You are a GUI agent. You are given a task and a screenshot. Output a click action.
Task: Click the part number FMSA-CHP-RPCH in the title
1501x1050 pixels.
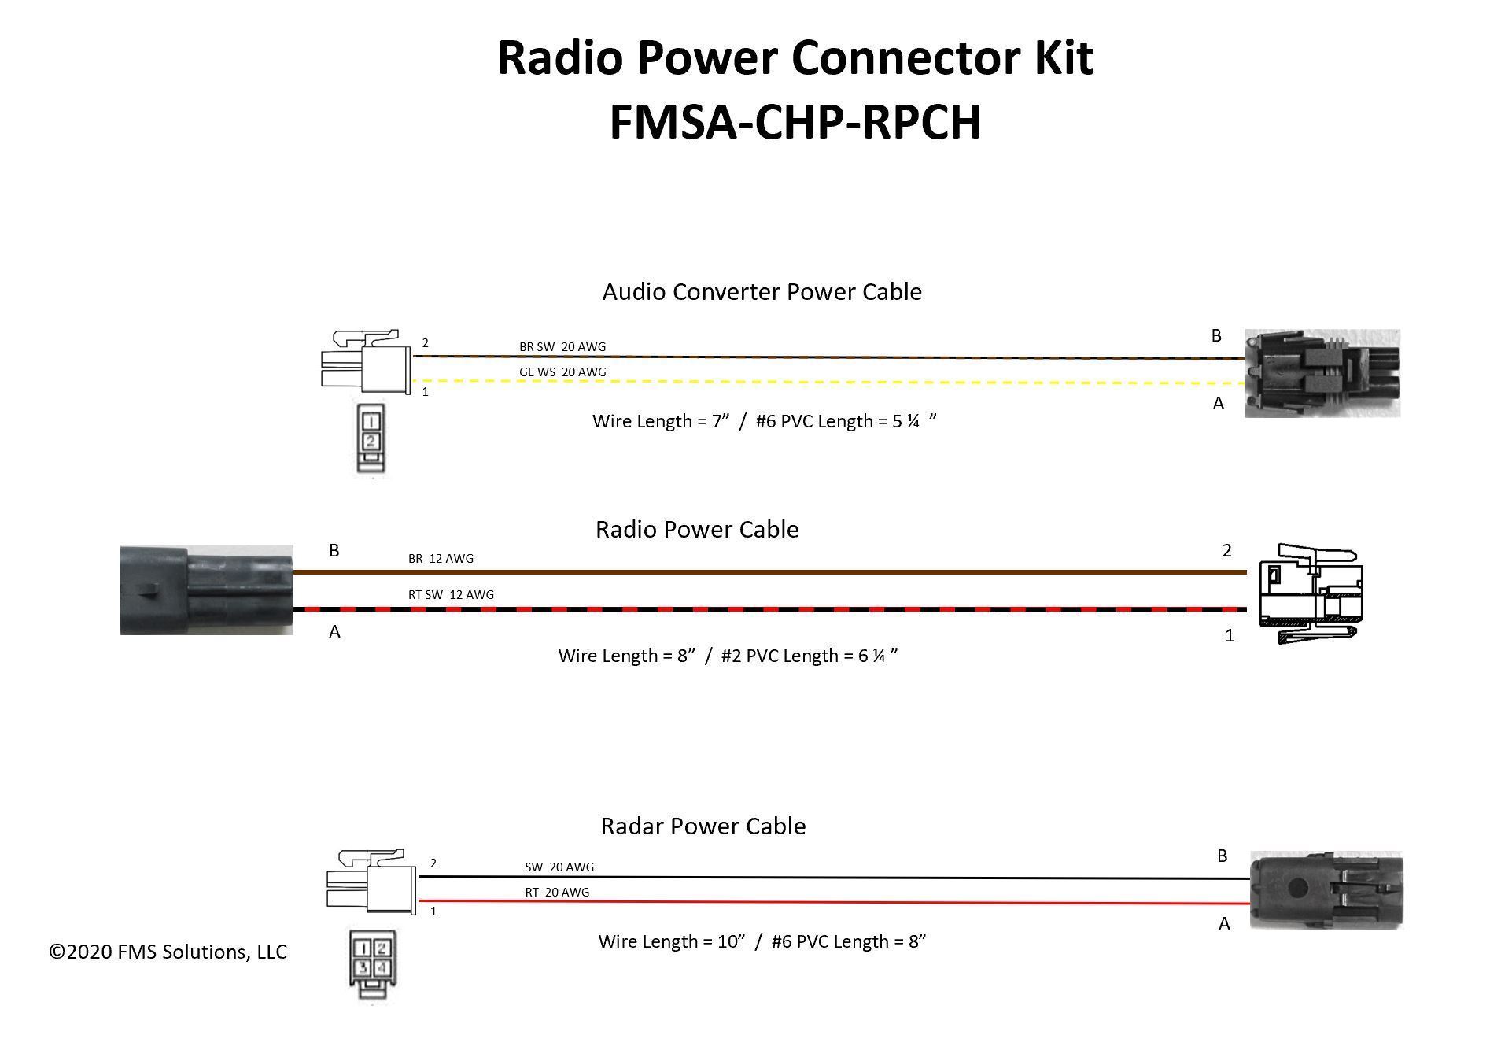tap(795, 122)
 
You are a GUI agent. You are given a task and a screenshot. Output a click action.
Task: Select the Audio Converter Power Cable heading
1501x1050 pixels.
tap(762, 292)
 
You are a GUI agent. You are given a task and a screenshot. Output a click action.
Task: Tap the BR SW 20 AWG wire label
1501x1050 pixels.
tap(562, 346)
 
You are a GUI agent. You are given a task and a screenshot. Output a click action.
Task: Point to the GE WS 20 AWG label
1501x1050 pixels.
tap(562, 372)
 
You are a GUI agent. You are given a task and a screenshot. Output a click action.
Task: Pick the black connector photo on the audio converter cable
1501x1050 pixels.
tap(1321, 373)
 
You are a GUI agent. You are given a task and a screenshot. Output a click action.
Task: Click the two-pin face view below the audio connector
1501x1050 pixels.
tap(370, 438)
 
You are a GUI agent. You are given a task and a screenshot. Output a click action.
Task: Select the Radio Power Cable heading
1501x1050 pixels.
tap(696, 529)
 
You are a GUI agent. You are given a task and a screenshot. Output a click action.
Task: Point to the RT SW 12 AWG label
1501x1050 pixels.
tap(450, 595)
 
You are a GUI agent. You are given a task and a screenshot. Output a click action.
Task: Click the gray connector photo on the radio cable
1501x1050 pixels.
tap(206, 590)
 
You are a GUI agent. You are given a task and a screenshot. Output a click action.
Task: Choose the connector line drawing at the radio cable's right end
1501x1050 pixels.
tap(1309, 594)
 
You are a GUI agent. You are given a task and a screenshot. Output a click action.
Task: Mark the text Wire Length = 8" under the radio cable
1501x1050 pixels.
tap(625, 656)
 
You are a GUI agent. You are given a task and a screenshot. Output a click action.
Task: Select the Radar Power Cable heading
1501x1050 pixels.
tap(703, 826)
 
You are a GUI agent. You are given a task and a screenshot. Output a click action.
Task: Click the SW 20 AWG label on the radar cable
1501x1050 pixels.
tap(559, 867)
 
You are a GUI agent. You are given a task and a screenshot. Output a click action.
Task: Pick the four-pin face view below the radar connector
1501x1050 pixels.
tap(371, 966)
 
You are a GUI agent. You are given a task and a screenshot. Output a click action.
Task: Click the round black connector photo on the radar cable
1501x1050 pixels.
tap(1326, 890)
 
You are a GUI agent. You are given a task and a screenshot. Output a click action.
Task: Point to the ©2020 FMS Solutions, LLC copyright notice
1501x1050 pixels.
tap(168, 952)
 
